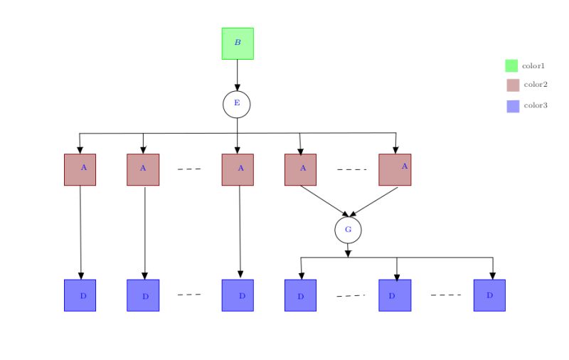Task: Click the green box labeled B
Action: click(x=238, y=43)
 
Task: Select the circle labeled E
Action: click(x=237, y=104)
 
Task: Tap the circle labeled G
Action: click(x=348, y=230)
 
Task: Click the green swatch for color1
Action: click(x=511, y=65)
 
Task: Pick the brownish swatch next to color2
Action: click(x=513, y=85)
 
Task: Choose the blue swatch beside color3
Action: click(x=513, y=106)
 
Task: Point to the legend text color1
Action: click(x=533, y=65)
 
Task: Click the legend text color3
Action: click(x=536, y=106)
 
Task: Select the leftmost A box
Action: click(x=80, y=169)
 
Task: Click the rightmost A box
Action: click(x=395, y=169)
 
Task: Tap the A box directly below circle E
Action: click(x=238, y=169)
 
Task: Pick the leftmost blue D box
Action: click(x=80, y=295)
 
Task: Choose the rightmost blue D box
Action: click(x=489, y=295)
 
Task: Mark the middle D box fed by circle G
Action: click(x=395, y=295)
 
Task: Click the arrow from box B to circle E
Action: click(x=238, y=75)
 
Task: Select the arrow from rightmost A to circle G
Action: click(x=374, y=201)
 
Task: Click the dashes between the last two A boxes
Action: click(x=351, y=169)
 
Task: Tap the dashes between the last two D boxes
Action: click(x=446, y=295)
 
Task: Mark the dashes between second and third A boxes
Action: click(x=189, y=169)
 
